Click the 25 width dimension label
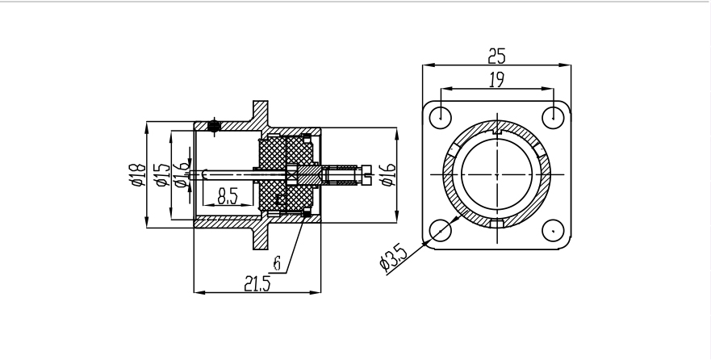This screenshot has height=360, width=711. (496, 55)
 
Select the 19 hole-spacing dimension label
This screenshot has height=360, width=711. (496, 78)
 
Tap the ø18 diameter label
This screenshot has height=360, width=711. (137, 174)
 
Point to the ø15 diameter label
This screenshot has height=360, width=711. (161, 174)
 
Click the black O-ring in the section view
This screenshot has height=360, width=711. (213, 125)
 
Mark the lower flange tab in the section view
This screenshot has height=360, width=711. (261, 236)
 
